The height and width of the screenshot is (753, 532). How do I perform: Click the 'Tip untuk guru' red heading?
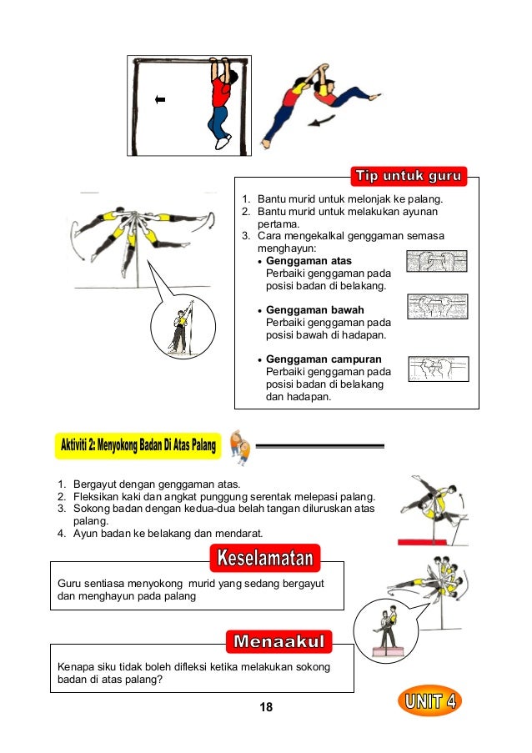point(409,176)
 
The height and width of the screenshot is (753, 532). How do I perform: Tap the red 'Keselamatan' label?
point(265,558)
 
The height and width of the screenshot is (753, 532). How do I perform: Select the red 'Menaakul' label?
point(279,641)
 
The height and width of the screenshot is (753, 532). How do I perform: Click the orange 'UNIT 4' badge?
point(429,701)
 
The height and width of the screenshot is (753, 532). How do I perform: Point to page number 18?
point(266,707)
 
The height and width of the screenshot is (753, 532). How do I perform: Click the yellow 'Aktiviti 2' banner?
point(138,445)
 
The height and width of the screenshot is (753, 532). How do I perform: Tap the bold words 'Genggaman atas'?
point(309,261)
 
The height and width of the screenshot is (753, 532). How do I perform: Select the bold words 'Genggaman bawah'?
point(315,309)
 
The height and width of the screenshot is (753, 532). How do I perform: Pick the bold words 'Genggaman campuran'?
point(324,359)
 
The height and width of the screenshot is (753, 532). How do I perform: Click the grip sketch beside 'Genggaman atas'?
point(436,261)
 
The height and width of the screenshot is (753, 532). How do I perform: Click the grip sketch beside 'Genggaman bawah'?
point(438,307)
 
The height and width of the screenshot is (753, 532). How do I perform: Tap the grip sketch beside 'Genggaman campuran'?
point(439,369)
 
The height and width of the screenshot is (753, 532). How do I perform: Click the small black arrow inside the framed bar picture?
point(160,99)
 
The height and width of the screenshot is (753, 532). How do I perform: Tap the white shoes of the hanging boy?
point(223,142)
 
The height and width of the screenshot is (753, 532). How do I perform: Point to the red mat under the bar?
point(422,542)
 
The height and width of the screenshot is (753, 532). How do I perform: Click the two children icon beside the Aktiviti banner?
point(240,447)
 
